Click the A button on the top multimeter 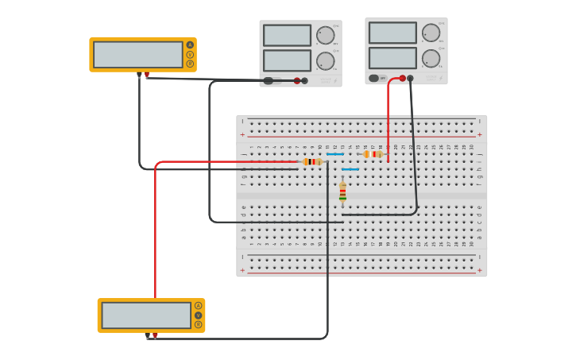coord(190,45)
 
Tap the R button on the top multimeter coord(190,64)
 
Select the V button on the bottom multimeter coord(198,315)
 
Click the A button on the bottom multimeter coord(198,306)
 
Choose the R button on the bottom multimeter coord(198,324)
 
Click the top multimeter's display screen coord(138,55)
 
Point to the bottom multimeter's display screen coord(146,315)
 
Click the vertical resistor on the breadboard coord(342,192)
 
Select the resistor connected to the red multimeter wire coord(312,161)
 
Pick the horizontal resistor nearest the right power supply coord(373,154)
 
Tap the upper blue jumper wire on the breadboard coord(335,154)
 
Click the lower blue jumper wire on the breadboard coord(350,169)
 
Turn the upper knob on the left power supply coord(325,36)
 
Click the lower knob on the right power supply coord(431,59)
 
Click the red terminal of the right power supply coord(403,79)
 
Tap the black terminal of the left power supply coord(304,80)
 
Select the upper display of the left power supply coord(287,36)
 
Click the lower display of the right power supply coord(392,58)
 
